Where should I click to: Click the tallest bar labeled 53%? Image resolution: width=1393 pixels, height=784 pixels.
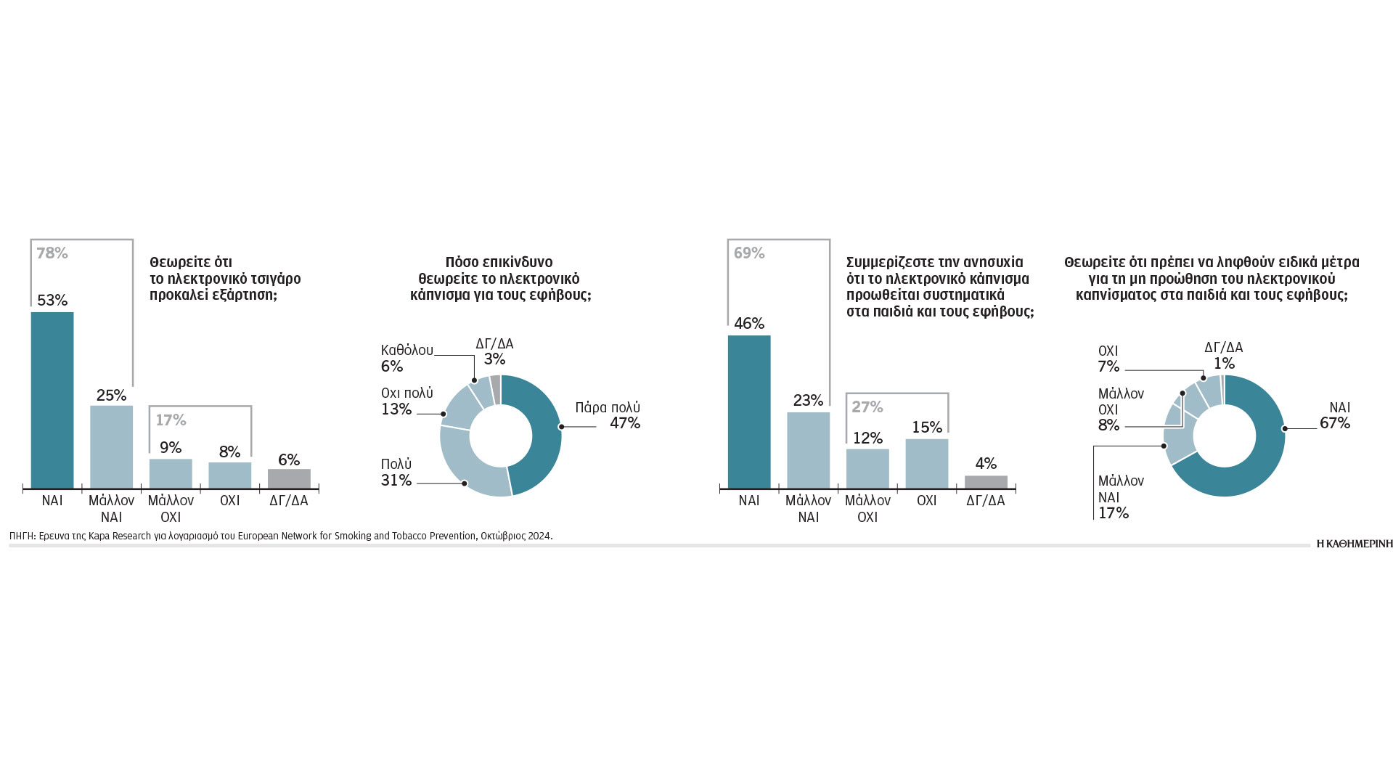(52, 399)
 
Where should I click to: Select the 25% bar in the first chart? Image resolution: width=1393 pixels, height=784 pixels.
(111, 446)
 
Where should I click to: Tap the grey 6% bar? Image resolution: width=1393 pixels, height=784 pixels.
(289, 478)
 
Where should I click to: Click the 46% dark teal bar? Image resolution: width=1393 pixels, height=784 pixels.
(749, 411)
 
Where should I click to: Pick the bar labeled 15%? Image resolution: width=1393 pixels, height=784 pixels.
(926, 463)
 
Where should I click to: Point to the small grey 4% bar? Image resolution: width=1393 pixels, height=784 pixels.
(986, 482)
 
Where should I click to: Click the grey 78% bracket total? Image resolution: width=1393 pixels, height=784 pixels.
(52, 253)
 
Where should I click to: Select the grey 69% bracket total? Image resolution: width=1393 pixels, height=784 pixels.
(749, 253)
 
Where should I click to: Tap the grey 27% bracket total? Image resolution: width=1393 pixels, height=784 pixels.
(867, 407)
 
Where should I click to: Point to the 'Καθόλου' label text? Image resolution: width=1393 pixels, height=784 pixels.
(407, 351)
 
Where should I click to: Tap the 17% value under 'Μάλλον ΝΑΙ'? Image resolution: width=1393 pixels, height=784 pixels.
(1113, 513)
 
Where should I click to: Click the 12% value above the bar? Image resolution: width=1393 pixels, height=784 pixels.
(867, 438)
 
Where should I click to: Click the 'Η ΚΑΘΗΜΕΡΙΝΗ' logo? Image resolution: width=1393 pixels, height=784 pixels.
(1355, 544)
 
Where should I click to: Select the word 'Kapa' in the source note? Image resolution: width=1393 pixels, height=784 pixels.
(99, 536)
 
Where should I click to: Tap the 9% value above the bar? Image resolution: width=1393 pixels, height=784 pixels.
(171, 447)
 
